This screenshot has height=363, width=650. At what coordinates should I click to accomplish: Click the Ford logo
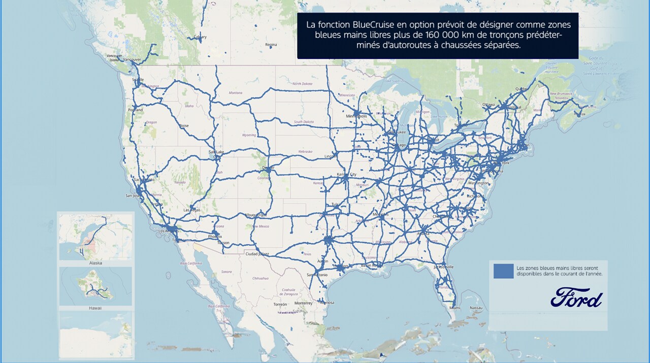[x=576, y=298]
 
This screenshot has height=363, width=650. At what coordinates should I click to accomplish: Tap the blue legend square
[x=503, y=271]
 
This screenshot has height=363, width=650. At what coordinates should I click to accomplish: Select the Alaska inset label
[x=95, y=263]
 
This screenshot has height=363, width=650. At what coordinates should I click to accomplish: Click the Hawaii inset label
[x=95, y=308]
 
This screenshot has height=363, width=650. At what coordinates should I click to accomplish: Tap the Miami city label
[x=455, y=308]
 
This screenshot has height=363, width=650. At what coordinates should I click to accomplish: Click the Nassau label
[x=476, y=308]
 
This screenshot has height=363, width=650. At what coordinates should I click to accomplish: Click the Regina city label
[x=271, y=45]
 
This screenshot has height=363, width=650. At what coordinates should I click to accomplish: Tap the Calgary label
[x=200, y=37]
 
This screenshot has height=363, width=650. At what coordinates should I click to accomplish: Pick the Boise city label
[x=184, y=125]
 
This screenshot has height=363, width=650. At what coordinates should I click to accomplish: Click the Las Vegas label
[x=192, y=210]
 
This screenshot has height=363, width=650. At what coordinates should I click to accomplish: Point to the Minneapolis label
[x=356, y=116]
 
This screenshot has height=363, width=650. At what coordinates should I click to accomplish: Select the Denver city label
[x=268, y=168]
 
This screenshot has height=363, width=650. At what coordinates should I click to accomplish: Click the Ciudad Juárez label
[x=257, y=253]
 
